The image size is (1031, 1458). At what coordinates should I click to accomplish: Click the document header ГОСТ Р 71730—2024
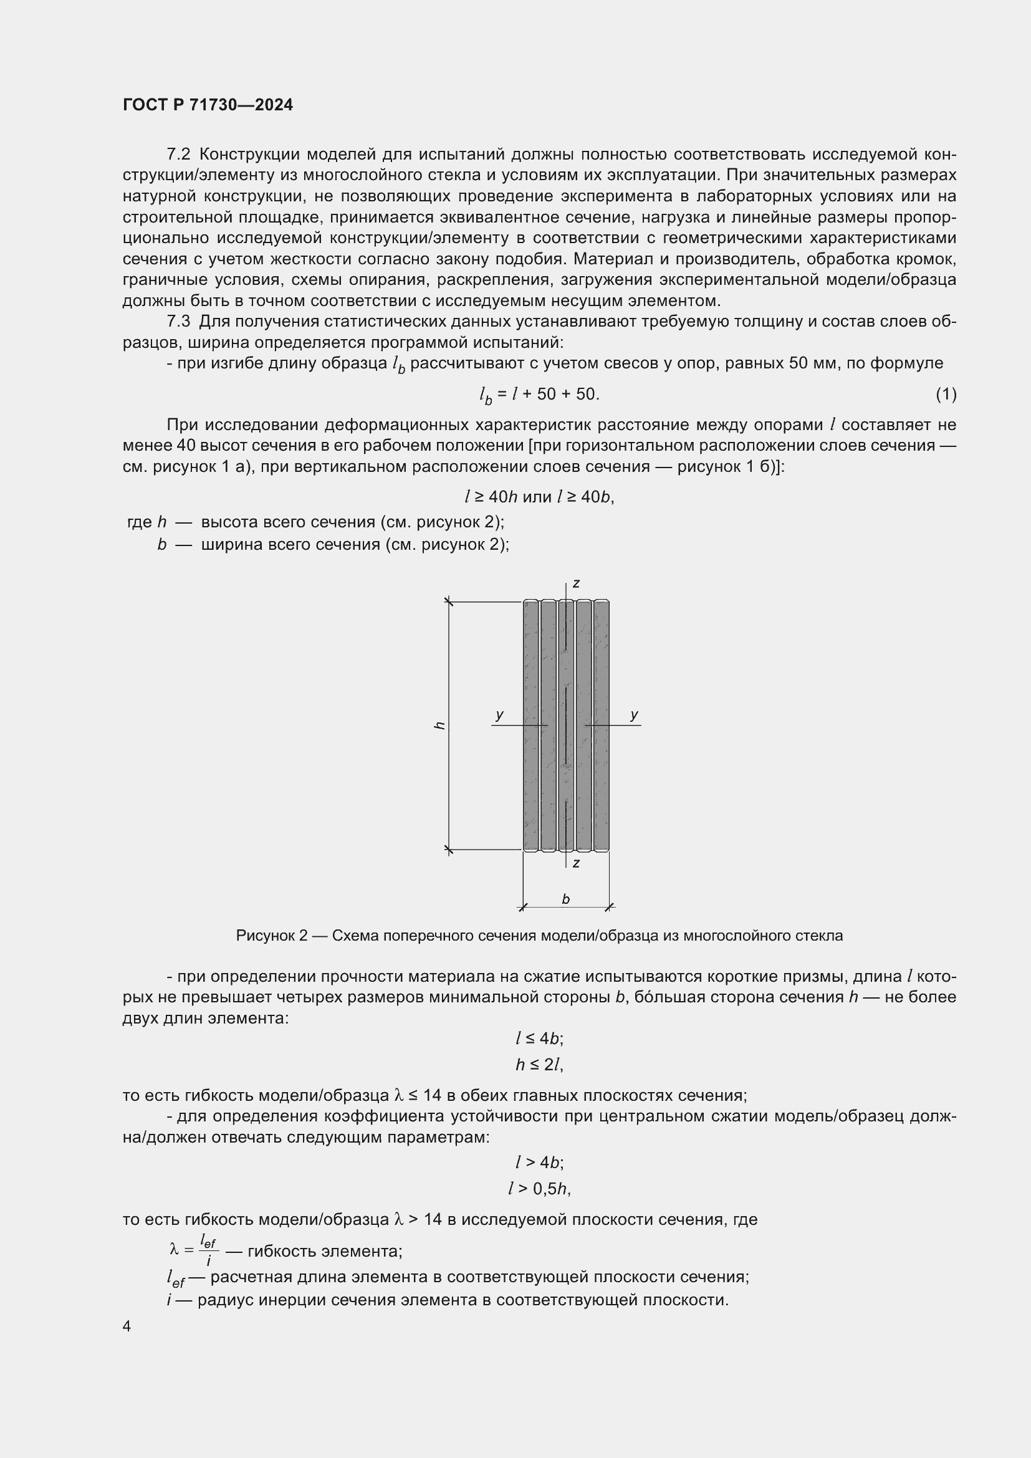pos(208,105)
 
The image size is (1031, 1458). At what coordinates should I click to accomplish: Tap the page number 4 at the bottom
pos(127,1326)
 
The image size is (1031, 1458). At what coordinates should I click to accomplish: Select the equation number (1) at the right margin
pos(946,395)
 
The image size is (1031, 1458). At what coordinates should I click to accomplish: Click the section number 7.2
pos(178,155)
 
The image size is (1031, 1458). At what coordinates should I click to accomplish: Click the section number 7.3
pos(178,321)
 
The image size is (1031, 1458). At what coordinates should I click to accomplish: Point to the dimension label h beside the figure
pos(439,725)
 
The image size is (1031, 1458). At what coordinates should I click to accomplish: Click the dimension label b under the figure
pos(565,899)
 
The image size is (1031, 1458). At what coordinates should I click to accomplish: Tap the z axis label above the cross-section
pos(576,583)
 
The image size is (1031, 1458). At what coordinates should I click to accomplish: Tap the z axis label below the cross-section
pos(576,863)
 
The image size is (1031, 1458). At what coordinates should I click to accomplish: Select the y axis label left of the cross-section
pos(500,715)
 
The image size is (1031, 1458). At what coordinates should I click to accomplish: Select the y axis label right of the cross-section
pos(633,715)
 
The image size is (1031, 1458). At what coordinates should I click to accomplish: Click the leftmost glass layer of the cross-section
pos(530,725)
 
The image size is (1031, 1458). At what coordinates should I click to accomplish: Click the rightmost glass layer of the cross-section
pos(601,725)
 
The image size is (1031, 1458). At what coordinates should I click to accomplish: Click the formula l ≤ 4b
pos(539,1038)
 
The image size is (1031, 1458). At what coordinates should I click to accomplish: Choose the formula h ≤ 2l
pos(539,1064)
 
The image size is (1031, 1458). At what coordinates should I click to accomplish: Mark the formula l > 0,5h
pos(539,1188)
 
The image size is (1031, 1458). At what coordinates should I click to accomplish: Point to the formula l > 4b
pos(539,1162)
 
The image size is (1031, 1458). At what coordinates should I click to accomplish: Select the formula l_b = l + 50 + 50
pos(539,395)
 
